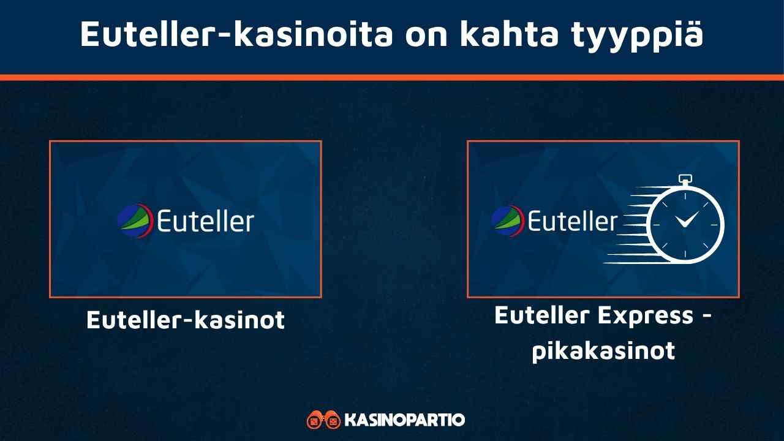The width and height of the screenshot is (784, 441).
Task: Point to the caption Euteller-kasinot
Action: pos(186,320)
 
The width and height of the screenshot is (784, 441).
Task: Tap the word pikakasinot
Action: pos(603,351)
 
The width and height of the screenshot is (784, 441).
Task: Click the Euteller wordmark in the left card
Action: pos(205,221)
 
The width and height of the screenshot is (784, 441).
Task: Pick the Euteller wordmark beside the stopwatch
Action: pos(572,221)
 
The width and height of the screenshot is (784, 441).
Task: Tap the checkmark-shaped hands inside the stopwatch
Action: pos(688,219)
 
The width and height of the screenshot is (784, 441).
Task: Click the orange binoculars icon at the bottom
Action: pos(323,420)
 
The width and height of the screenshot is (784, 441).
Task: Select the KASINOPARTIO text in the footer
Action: pos(405,420)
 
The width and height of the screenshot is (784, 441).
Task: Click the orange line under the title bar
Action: pos(392,77)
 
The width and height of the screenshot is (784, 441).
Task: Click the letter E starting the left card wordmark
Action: pos(165,221)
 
